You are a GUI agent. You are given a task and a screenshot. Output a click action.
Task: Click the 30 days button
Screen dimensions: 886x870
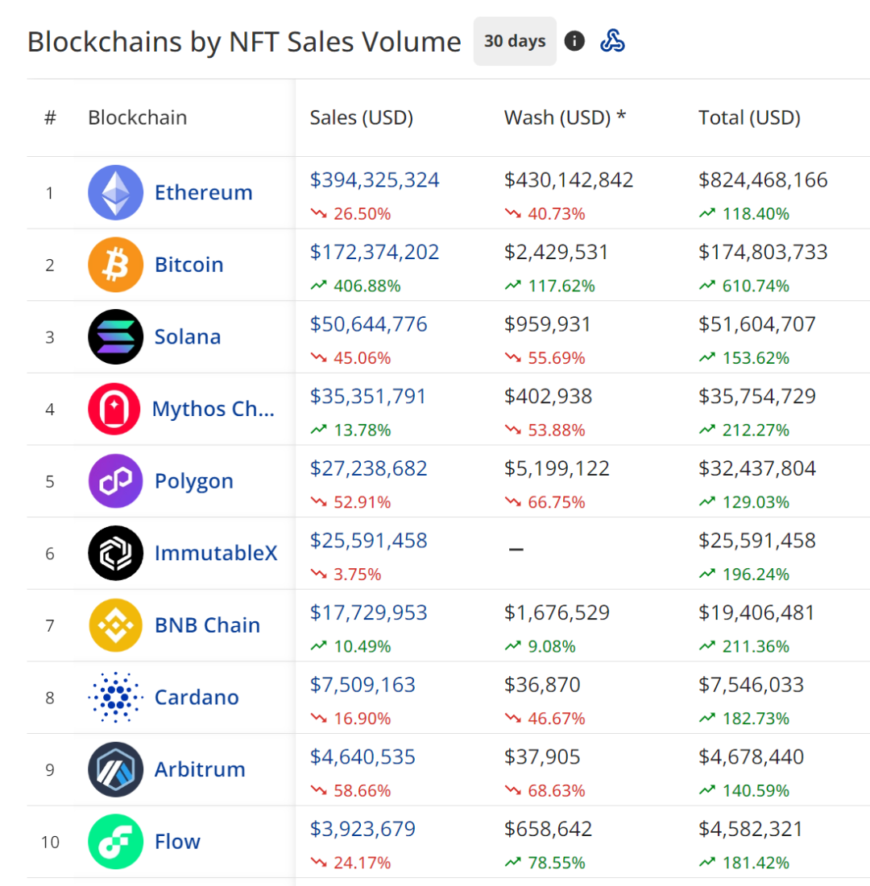click(515, 41)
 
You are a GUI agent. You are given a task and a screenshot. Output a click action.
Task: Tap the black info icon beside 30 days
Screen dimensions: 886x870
click(574, 41)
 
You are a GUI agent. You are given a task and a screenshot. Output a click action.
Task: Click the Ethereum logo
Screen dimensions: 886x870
click(115, 192)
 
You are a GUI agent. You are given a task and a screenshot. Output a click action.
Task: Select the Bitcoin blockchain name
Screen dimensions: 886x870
click(188, 265)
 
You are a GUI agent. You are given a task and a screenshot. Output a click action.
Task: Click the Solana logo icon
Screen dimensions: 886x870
click(115, 336)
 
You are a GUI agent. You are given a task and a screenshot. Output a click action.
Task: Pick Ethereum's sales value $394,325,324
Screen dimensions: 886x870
click(375, 180)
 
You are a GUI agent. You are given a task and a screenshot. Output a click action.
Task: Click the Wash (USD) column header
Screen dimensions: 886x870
click(565, 117)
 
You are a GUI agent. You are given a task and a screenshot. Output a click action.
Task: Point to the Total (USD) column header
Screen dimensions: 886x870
click(749, 117)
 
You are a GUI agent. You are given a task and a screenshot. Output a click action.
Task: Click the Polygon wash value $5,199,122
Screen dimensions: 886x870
click(557, 468)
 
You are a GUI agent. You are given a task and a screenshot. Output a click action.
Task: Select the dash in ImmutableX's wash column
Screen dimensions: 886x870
click(516, 550)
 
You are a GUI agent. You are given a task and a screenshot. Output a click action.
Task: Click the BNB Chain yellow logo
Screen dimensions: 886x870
click(115, 625)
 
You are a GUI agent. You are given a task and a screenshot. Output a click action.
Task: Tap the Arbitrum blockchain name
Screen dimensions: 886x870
click(200, 769)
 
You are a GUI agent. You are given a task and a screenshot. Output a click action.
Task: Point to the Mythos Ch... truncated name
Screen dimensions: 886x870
click(213, 409)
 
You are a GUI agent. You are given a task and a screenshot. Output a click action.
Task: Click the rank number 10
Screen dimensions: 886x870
click(50, 842)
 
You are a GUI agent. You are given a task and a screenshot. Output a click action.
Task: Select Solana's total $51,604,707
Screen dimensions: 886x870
click(757, 324)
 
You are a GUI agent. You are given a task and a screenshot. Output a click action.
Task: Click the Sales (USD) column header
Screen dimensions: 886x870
click(361, 117)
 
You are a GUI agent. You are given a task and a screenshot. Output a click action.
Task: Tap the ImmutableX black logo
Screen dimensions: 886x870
click(115, 553)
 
